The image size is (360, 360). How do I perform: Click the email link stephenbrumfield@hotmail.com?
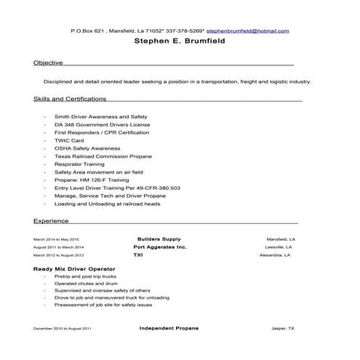(248, 31)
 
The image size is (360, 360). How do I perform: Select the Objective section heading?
(48, 63)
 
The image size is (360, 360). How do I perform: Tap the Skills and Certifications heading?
(70, 98)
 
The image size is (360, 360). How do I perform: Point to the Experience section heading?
(51, 220)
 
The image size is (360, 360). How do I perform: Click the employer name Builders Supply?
(159, 239)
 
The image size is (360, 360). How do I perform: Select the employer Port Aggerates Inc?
(160, 247)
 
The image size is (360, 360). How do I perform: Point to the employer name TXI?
(138, 255)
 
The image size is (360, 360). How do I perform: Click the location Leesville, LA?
(281, 247)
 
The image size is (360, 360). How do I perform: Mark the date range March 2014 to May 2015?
(56, 239)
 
